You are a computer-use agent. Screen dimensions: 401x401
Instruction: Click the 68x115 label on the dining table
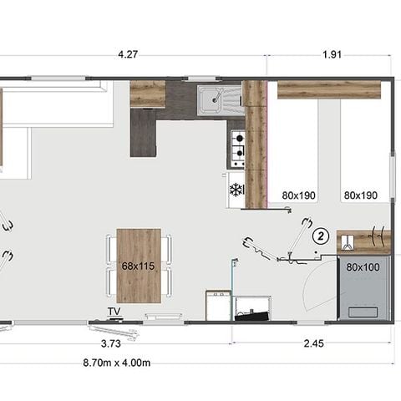click(x=139, y=266)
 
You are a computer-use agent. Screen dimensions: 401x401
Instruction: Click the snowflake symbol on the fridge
click(x=236, y=190)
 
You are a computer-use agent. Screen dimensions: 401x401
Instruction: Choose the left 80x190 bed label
click(x=299, y=195)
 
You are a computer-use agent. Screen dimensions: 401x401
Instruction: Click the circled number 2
click(x=319, y=236)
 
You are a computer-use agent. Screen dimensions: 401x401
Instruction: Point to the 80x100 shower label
click(x=363, y=267)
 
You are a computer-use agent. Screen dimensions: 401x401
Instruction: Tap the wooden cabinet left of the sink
click(x=147, y=94)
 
